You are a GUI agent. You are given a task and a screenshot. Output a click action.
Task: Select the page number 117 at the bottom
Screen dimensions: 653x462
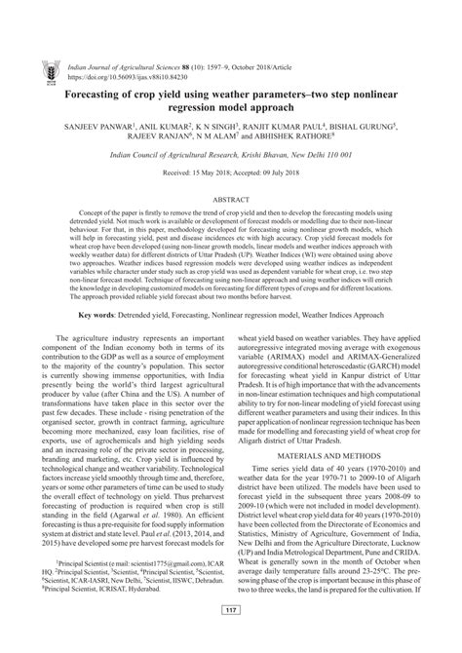click(x=231, y=638)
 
